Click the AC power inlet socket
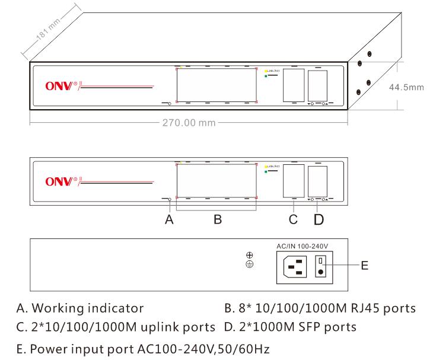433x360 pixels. pos(294,266)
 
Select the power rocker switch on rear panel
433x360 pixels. pos(321,266)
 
